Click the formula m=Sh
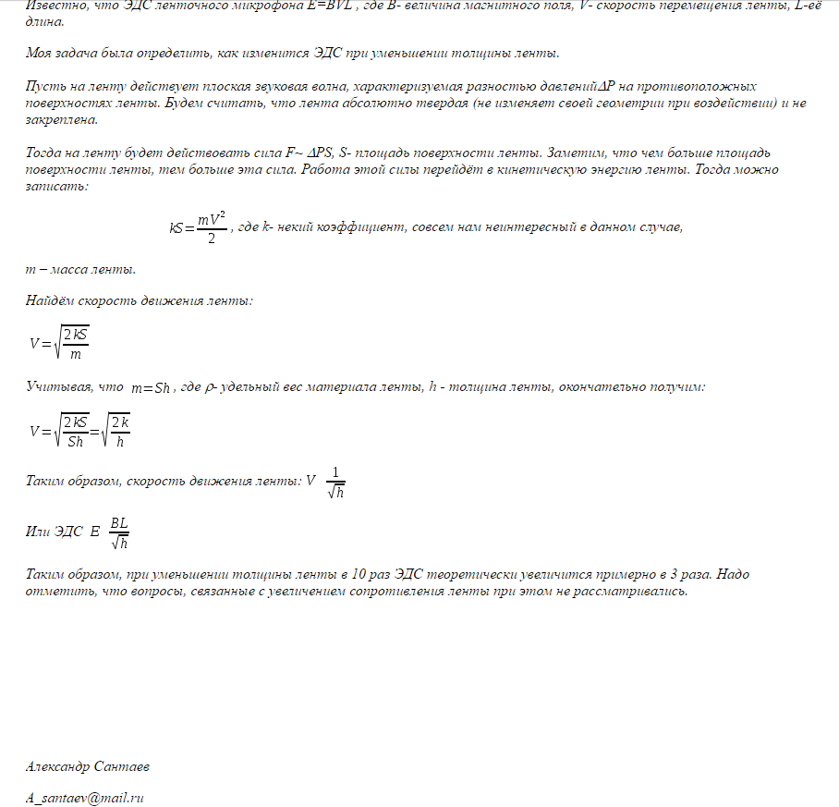[151, 388]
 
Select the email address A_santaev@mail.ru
[85, 797]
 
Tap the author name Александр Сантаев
[87, 766]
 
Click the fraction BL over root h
[118, 532]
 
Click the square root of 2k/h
[116, 431]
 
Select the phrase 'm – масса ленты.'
[80, 270]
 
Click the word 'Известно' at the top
[53, 6]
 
